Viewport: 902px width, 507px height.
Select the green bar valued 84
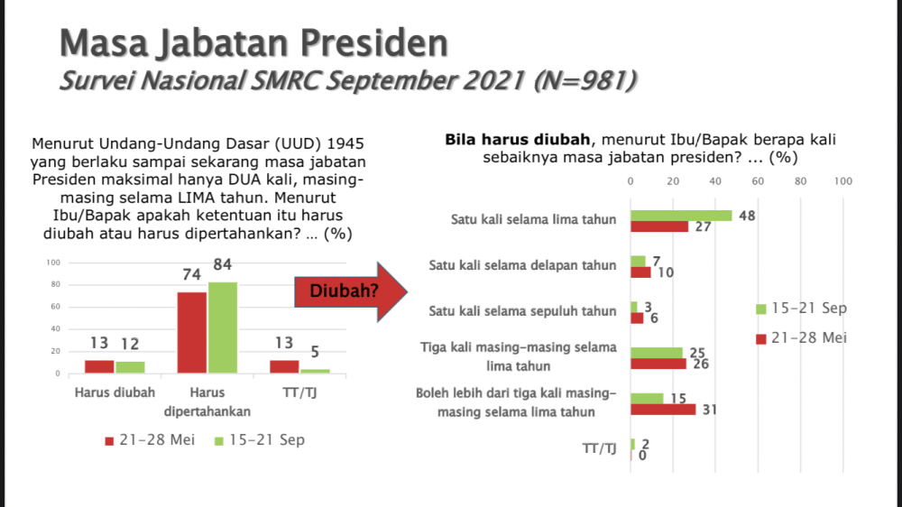pos(223,327)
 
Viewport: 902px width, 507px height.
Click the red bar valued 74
pos(191,333)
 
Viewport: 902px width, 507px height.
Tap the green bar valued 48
pos(681,216)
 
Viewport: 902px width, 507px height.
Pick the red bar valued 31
pos(663,410)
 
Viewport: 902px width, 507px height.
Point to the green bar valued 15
pos(647,398)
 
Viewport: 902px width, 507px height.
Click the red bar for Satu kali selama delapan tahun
pos(640,272)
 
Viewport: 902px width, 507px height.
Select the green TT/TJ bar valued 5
pos(315,371)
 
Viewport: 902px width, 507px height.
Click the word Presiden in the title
pos(374,43)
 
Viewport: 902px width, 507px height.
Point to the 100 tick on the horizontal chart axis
pos(843,181)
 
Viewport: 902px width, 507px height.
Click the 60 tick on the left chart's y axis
pos(55,307)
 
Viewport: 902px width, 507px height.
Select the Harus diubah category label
pos(115,392)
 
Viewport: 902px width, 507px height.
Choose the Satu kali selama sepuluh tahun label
pos(522,311)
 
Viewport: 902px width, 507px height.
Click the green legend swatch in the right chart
pos(761,309)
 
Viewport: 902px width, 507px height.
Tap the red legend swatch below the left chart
pos(109,441)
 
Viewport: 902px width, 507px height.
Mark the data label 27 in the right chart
pos(703,226)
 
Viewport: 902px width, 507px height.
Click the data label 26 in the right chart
pos(701,364)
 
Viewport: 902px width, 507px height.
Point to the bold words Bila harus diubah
pos(517,139)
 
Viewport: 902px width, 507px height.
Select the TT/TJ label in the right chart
pos(600,448)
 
